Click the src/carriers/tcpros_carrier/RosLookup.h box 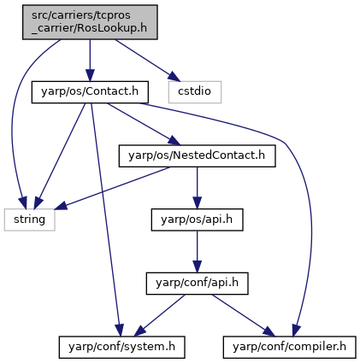click(x=90, y=22)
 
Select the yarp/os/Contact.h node click(x=90, y=92)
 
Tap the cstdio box click(x=195, y=92)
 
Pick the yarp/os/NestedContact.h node click(x=197, y=155)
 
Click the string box click(x=29, y=220)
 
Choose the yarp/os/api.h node click(x=197, y=220)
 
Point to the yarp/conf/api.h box click(x=197, y=284)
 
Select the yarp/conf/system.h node click(x=122, y=347)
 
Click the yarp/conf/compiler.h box click(x=290, y=347)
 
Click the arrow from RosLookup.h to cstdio click(x=148, y=60)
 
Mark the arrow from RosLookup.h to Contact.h click(x=90, y=61)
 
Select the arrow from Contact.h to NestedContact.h click(x=144, y=124)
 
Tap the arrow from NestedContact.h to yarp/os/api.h click(x=197, y=188)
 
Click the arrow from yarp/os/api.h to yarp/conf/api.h click(x=197, y=252)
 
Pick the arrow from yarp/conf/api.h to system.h click(x=159, y=315)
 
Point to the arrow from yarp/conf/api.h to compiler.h click(x=244, y=315)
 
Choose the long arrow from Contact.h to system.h click(x=105, y=220)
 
